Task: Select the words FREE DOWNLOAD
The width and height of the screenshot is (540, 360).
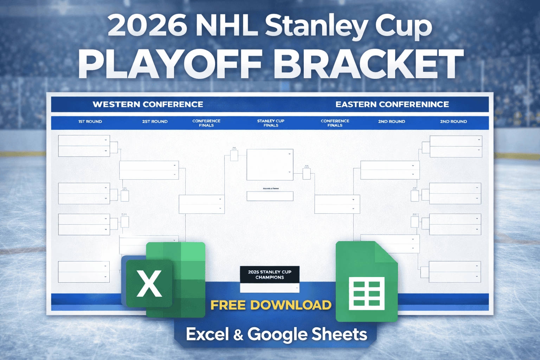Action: tap(271, 305)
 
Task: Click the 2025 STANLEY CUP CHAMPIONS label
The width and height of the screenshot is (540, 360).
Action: tap(270, 275)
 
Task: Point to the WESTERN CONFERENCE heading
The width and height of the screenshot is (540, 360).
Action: tap(148, 104)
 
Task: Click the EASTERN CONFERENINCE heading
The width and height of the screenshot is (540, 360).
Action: tap(392, 104)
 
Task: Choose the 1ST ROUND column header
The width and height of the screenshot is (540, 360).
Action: tap(90, 122)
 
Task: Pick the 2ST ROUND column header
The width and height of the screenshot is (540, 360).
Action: tap(155, 122)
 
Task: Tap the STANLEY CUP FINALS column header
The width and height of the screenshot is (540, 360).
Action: tap(271, 123)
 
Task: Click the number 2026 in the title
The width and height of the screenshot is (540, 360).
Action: tap(147, 25)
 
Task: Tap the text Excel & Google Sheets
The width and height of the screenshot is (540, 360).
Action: tap(276, 334)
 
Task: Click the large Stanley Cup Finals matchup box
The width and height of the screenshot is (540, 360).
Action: tap(270, 165)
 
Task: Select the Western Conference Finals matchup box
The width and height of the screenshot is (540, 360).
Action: tap(201, 204)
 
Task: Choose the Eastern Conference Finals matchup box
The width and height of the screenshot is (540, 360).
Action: tap(337, 204)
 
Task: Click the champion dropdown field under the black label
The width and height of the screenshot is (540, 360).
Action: tap(270, 288)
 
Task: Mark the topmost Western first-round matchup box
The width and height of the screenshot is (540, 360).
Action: tap(84, 146)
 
